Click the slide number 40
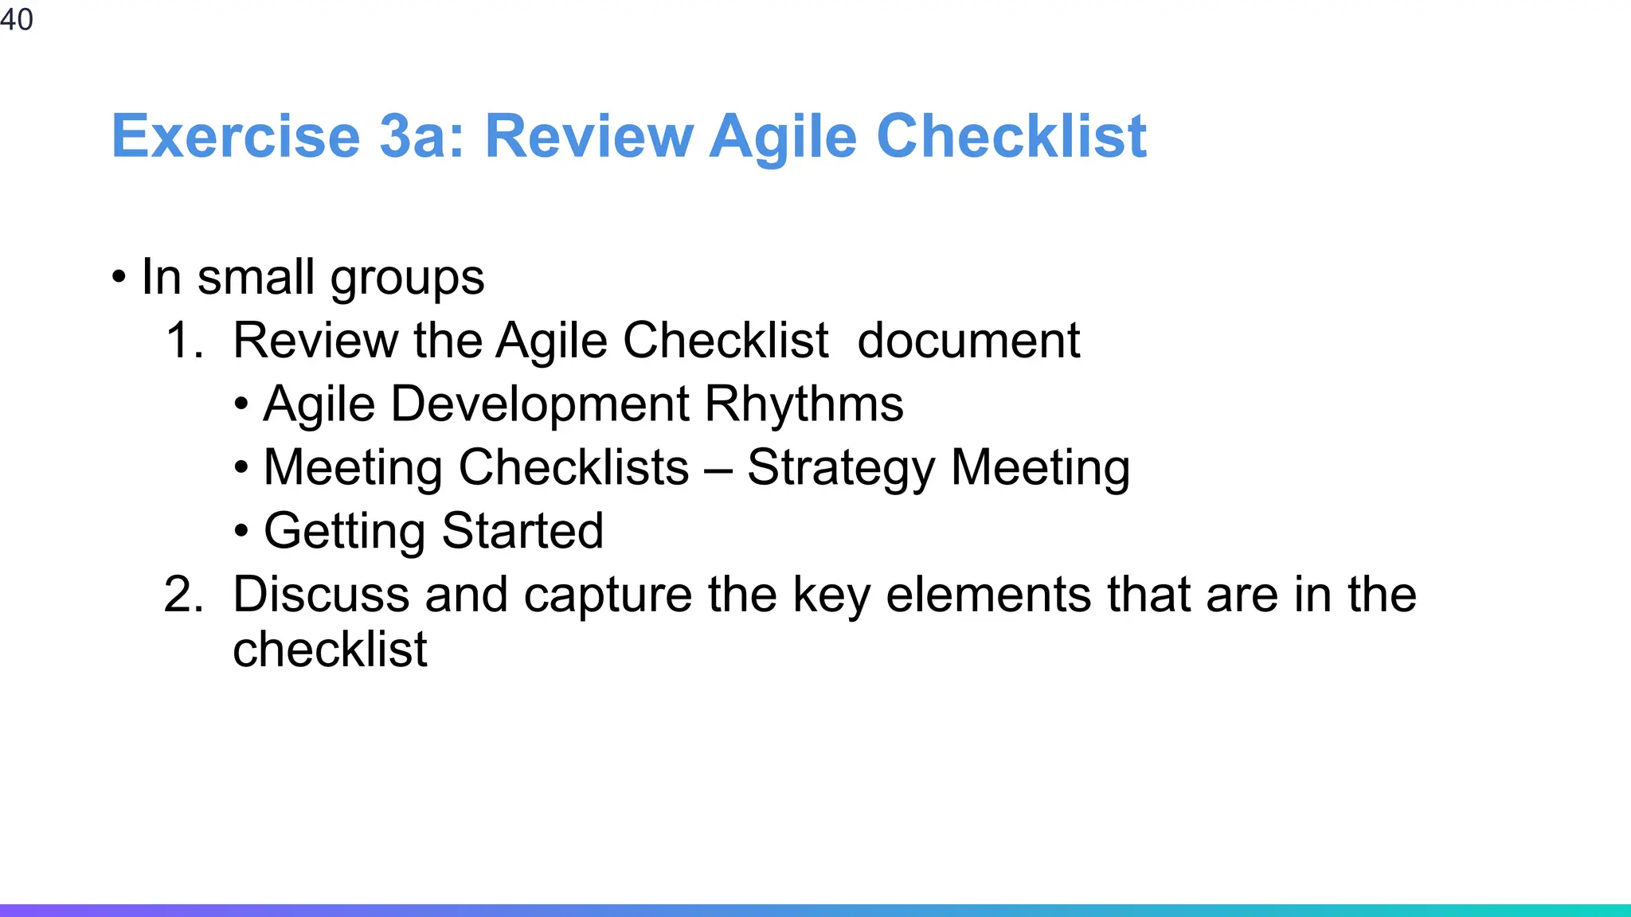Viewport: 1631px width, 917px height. (x=17, y=19)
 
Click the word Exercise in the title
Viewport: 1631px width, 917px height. (x=236, y=136)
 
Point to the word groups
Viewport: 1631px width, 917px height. (x=407, y=279)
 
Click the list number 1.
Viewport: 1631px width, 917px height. (x=184, y=341)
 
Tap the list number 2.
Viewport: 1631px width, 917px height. (x=184, y=595)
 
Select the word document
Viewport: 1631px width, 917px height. (x=968, y=341)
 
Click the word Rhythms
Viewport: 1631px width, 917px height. (x=804, y=404)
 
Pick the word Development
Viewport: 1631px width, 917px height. (x=540, y=404)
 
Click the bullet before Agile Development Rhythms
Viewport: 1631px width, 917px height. (x=241, y=404)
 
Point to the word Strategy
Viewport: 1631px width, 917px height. (x=841, y=468)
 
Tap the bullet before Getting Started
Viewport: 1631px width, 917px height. (x=241, y=532)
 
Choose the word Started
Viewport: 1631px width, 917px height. (x=522, y=531)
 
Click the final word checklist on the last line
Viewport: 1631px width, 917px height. (x=330, y=650)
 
